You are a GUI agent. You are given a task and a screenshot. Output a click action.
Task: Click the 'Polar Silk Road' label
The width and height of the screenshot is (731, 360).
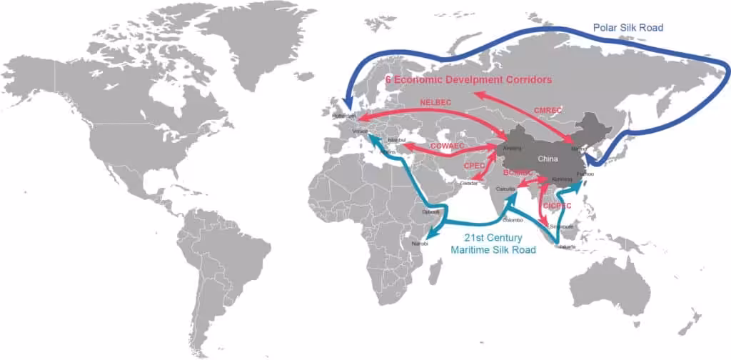(x=628, y=27)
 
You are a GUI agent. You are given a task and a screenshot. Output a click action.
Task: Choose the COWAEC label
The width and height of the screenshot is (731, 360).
(x=448, y=146)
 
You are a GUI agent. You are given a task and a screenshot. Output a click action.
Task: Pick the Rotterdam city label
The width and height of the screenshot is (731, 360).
(x=343, y=116)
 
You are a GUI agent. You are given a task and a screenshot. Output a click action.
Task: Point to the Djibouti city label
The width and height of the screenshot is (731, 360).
(x=430, y=211)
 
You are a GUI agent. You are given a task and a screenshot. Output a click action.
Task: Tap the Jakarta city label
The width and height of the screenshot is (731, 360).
(x=568, y=246)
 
